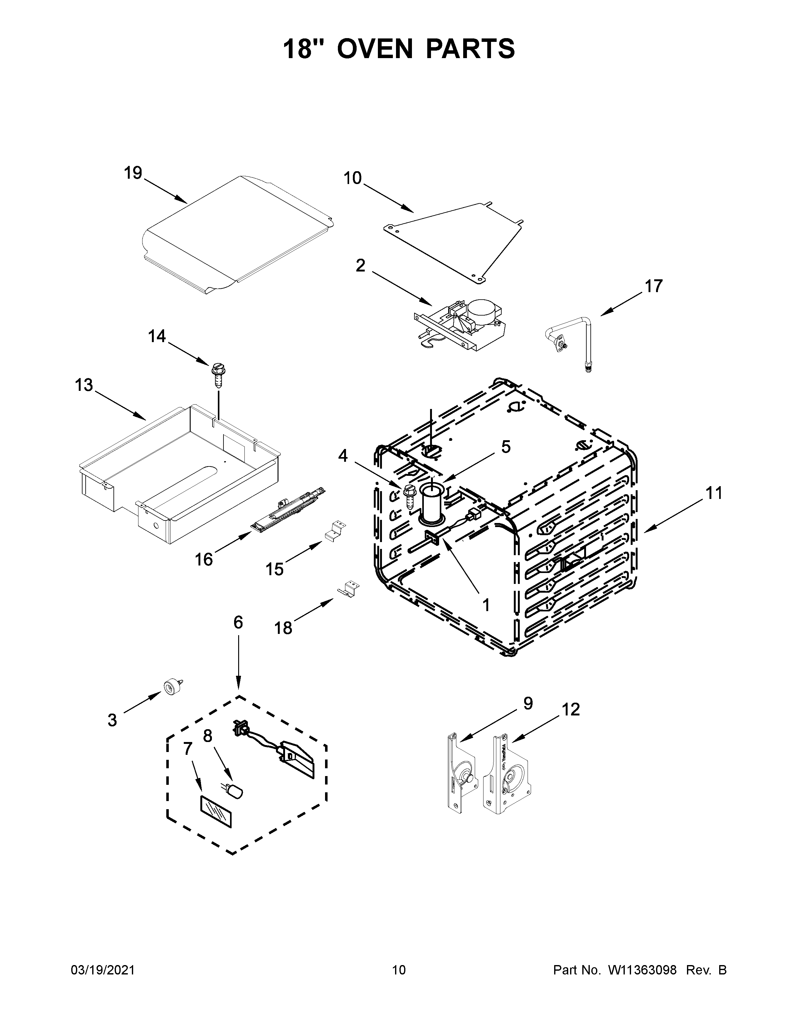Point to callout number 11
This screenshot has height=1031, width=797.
click(714, 494)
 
